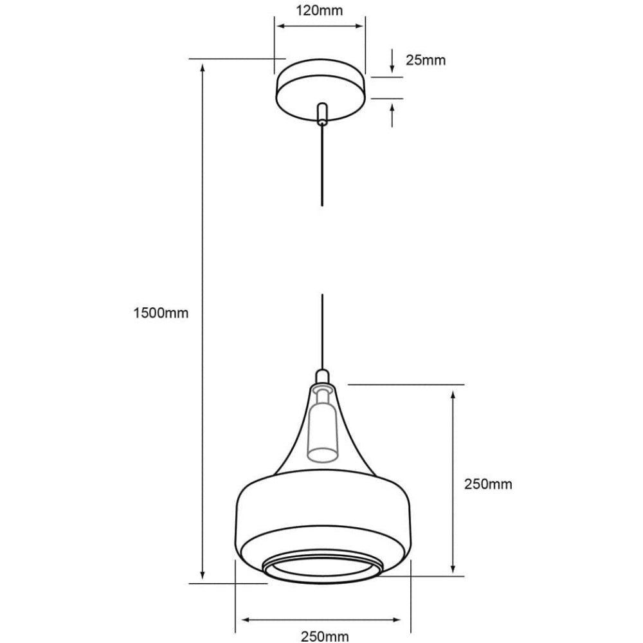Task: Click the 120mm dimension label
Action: click(319, 10)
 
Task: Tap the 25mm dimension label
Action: click(425, 60)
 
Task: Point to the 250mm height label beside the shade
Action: click(488, 484)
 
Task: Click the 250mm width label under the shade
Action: click(324, 637)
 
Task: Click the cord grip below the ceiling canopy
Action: click(322, 113)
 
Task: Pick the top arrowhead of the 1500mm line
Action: click(203, 67)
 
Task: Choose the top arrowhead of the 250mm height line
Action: click(454, 394)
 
